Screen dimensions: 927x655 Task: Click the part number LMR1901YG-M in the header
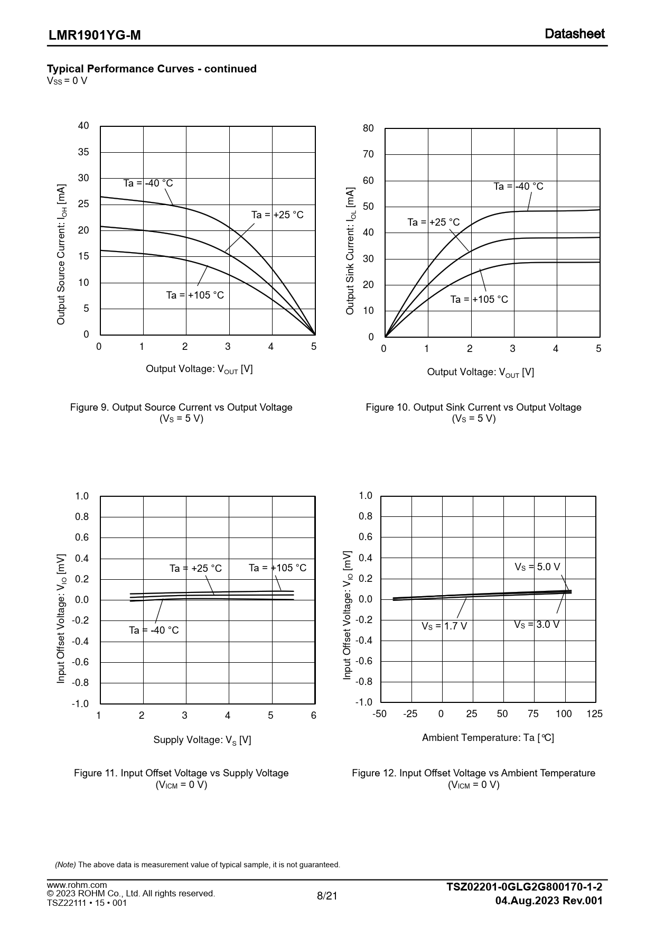[95, 35]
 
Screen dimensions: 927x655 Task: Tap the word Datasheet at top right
[574, 34]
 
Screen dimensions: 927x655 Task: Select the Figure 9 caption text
[181, 407]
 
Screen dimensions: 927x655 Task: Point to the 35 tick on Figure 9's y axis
[83, 152]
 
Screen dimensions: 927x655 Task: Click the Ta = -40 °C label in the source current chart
[148, 183]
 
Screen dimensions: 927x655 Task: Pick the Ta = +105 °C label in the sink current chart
[479, 300]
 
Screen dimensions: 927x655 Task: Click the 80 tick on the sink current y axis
[368, 128]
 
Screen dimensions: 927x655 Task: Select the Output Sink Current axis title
[350, 251]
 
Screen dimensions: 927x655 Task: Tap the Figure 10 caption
[473, 407]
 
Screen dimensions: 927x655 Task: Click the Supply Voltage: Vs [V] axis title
[202, 740]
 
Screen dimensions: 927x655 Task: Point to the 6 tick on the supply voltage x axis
[314, 716]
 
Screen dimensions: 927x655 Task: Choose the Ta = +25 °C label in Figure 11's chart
[195, 569]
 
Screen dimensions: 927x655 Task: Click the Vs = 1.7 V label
[444, 626]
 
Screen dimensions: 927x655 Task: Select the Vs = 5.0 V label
[537, 567]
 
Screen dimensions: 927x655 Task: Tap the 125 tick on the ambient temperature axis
[594, 714]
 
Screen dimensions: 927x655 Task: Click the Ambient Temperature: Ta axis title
[488, 738]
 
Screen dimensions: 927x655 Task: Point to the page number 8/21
[327, 896]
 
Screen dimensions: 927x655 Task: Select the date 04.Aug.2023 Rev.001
[549, 901]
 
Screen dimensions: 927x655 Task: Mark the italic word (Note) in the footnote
[65, 865]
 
